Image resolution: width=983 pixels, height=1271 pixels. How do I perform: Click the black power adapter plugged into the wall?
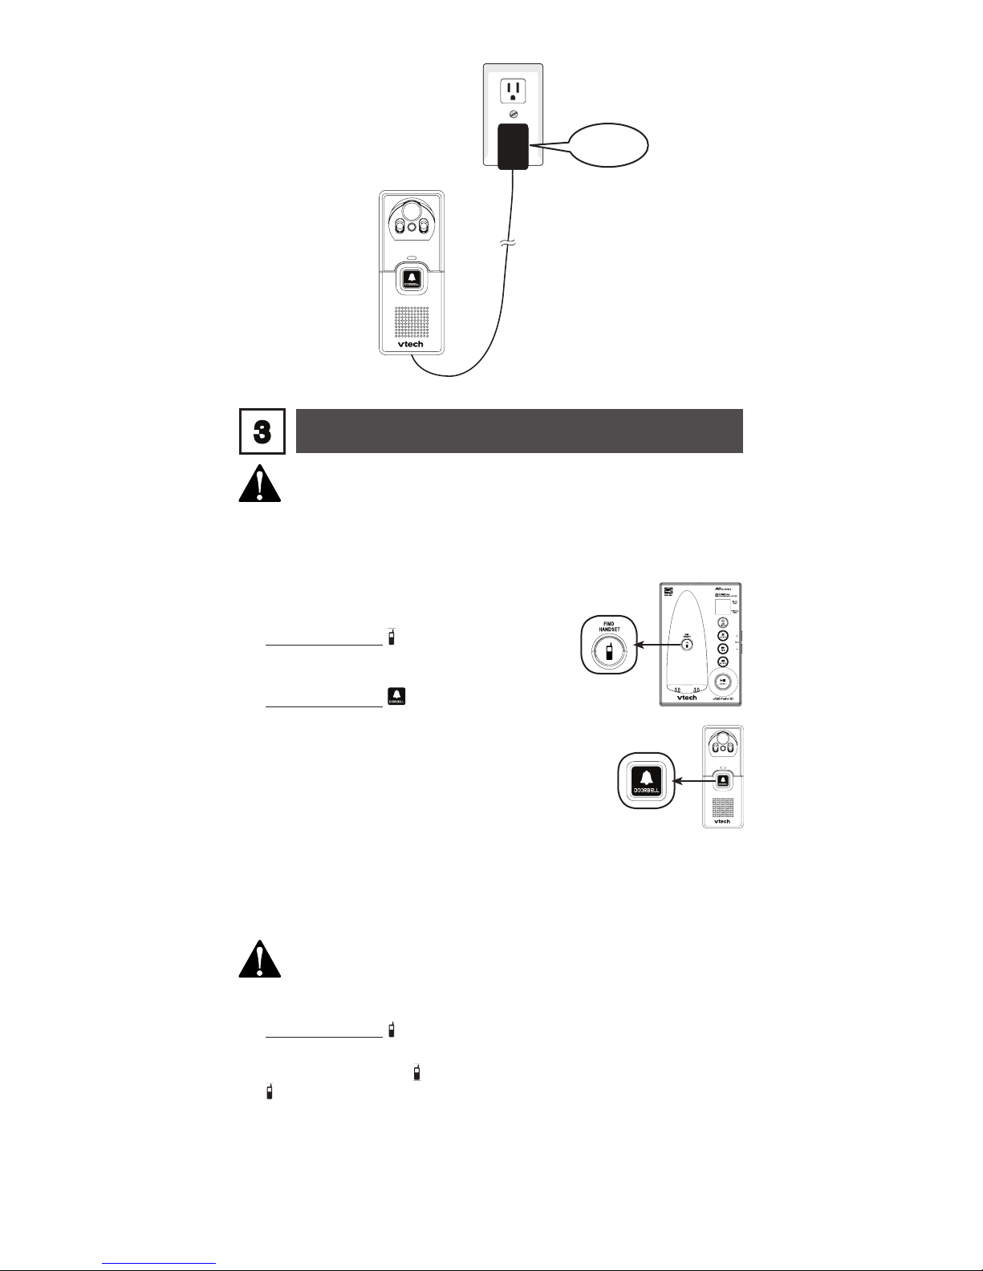click(x=512, y=146)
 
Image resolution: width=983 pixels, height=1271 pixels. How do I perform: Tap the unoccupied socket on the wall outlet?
click(x=512, y=91)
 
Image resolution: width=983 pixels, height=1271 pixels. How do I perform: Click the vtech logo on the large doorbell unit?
click(x=411, y=344)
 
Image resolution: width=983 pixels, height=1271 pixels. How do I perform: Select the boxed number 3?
click(x=262, y=431)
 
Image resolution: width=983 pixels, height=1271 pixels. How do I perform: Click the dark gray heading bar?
click(x=518, y=431)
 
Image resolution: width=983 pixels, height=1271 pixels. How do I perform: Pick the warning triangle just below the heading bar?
click(x=260, y=484)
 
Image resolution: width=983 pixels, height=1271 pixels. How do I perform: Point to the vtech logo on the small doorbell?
click(x=722, y=821)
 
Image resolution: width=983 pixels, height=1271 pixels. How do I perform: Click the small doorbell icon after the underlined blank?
click(x=396, y=696)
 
